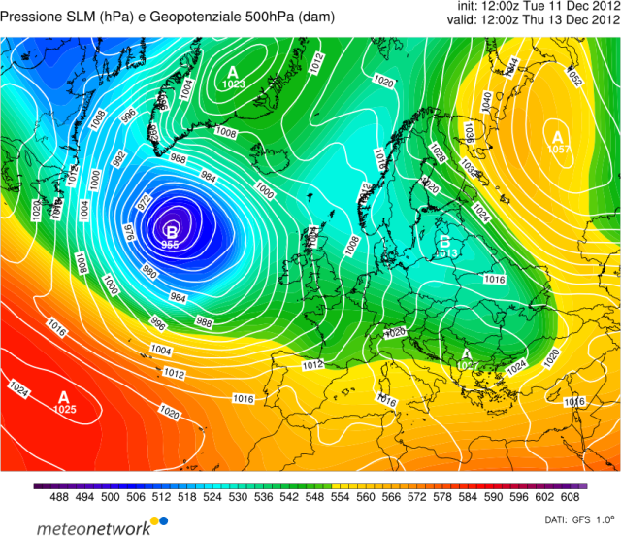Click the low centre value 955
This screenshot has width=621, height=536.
point(170,245)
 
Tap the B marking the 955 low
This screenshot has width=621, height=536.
point(172,231)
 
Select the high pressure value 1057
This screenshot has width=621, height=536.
point(557,150)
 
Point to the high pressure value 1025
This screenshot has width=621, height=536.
point(65,410)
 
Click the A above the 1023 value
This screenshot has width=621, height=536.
point(232,72)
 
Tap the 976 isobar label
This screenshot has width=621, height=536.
point(130,234)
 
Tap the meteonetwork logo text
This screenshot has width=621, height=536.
point(93,527)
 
